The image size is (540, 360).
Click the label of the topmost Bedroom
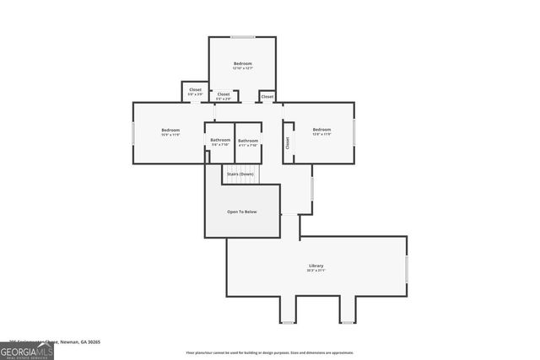[242, 64]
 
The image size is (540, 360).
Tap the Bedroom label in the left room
[170, 130]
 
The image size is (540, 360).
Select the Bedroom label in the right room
[321, 130]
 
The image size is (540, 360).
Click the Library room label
[316, 266]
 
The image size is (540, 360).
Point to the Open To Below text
[242, 212]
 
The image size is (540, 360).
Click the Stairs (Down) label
[241, 174]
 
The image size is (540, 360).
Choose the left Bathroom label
[220, 140]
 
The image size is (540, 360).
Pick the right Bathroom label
[247, 140]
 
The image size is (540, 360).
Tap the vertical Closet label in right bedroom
[288, 143]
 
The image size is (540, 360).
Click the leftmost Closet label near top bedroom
[195, 89]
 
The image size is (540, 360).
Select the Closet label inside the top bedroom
[224, 94]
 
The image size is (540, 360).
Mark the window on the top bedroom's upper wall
[243, 37]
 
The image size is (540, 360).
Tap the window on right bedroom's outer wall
[354, 132]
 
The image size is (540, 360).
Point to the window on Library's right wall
[406, 268]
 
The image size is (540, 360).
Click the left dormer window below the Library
[289, 322]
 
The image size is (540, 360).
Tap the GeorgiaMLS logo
[27, 349]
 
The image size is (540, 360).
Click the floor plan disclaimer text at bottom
[270, 353]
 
